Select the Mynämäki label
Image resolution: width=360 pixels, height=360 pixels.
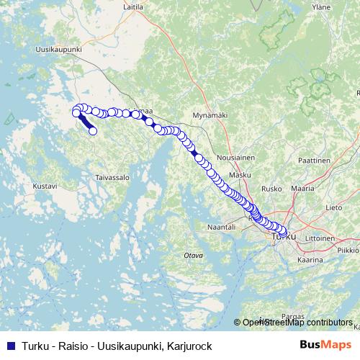coord(210,114)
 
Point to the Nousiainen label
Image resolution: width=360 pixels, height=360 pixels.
coord(233,157)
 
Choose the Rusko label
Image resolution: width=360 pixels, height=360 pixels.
coord(272,190)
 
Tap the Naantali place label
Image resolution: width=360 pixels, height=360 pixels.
coord(221,226)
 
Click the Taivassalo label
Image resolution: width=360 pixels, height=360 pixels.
coord(112,176)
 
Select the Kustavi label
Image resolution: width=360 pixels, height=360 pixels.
coord(45,186)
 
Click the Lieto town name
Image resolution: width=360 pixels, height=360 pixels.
coord(333,207)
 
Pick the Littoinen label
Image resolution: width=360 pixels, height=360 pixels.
coord(320,238)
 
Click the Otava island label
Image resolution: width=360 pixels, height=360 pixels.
coord(192,255)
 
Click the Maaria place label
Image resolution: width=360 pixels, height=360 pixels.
coord(302,188)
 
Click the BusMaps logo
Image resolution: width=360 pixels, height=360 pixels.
coord(325,344)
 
